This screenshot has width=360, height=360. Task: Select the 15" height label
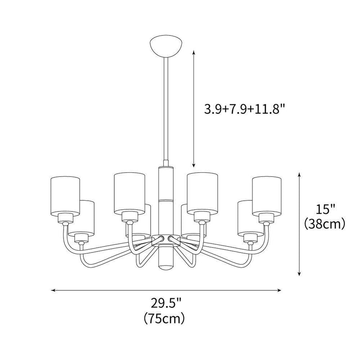(324, 210)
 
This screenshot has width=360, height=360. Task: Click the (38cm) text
(324, 223)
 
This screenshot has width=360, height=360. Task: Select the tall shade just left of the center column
(129, 192)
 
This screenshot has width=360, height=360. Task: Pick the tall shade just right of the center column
(202, 192)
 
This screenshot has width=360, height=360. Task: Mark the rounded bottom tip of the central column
(165, 269)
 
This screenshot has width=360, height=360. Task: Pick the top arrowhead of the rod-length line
(194, 52)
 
